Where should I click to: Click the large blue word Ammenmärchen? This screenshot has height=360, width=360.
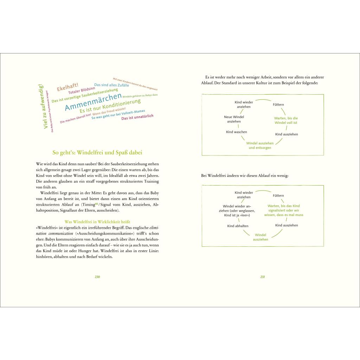93,102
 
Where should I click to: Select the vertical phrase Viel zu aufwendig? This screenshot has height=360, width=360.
43,107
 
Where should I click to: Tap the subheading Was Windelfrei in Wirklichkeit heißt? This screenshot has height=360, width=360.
97,221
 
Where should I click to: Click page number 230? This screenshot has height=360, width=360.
97,277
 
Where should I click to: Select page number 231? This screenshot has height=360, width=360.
262,277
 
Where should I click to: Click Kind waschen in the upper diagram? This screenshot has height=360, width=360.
236,132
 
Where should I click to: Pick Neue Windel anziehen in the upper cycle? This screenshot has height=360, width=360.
234,119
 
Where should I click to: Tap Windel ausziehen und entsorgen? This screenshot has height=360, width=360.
260,146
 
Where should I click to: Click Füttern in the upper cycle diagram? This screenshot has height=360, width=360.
278,104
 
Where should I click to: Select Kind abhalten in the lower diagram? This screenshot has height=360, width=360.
238,226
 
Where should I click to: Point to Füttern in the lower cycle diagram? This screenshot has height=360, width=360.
278,195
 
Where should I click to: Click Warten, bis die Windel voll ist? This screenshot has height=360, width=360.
286,121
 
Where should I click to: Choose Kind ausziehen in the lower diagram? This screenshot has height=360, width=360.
287,225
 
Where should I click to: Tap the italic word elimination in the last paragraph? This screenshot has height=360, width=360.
154,228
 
